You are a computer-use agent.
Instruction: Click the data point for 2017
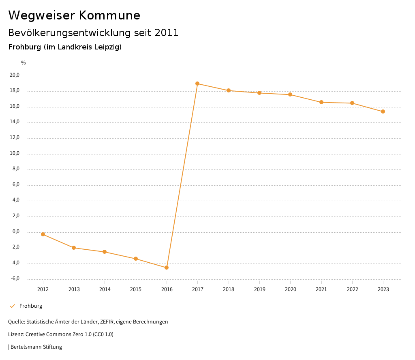pos(197,84)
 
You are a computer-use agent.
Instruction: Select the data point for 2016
pos(167,268)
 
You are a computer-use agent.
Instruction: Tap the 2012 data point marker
pos(43,234)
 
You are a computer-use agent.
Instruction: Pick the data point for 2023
pos(383,111)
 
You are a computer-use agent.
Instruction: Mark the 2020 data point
pos(290,94)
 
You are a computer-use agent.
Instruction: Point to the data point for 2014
pos(105,252)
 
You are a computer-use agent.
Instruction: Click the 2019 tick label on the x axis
pos(259,289)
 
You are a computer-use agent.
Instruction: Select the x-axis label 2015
pos(136,289)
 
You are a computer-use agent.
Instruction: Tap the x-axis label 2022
pos(352,289)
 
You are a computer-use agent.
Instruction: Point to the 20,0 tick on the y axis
pos(15,75)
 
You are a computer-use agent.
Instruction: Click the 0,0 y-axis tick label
pos(16,231)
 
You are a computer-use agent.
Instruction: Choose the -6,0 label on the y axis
pos(15,279)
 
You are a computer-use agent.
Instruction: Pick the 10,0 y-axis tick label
pos(15,153)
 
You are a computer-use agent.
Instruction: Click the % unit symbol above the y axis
pos(24,63)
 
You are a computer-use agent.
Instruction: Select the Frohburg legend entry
pos(31,306)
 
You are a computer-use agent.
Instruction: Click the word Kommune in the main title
pos(109,15)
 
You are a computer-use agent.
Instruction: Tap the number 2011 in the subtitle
pos(167,33)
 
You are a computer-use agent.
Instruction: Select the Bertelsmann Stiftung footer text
pos(36,347)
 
